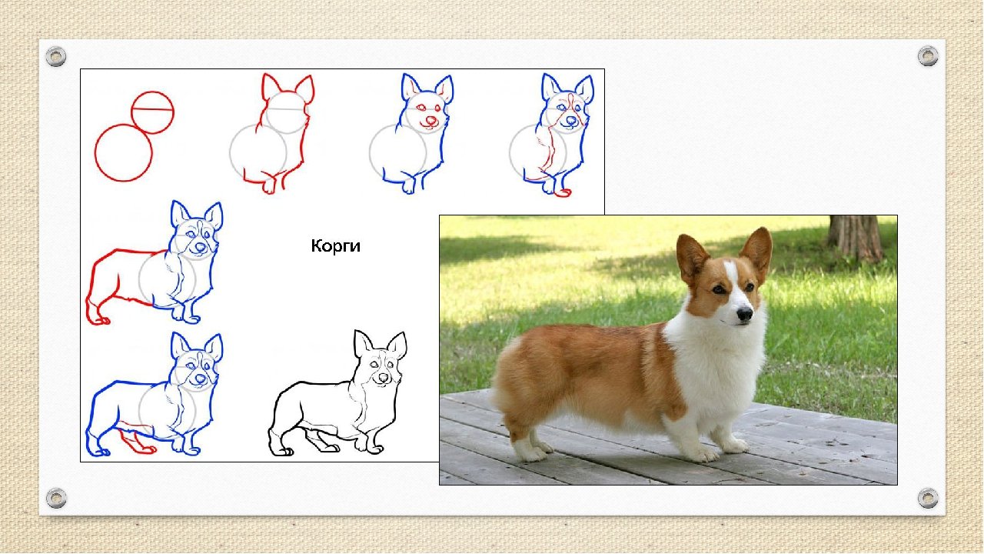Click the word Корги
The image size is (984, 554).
[x=336, y=245]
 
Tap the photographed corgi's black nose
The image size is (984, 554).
[x=744, y=314]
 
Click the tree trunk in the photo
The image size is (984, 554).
[x=855, y=239]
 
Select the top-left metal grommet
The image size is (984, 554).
[x=56, y=57]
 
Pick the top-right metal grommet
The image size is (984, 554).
[x=928, y=56]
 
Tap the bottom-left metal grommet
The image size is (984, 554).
[x=56, y=498]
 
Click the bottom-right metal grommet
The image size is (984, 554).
[x=928, y=498]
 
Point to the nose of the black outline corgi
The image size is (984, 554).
[x=383, y=378]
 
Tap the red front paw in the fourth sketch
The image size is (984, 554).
[x=563, y=192]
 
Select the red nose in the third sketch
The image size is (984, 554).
[x=431, y=120]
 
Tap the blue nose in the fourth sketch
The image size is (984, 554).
[x=571, y=120]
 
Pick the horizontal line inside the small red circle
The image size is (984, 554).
[x=152, y=109]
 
